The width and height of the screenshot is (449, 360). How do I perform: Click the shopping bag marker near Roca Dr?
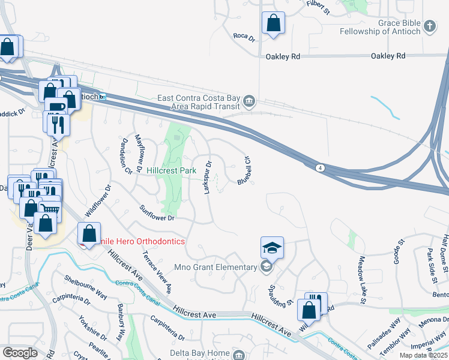[273, 24]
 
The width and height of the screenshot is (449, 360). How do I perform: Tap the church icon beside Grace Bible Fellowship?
[429, 26]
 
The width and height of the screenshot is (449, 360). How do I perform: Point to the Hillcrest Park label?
[172, 171]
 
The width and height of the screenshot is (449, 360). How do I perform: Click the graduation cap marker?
[271, 247]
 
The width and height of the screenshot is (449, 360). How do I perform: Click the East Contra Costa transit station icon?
[249, 100]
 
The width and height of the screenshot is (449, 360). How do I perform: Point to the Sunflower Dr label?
[157, 213]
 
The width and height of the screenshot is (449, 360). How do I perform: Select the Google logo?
[20, 353]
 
